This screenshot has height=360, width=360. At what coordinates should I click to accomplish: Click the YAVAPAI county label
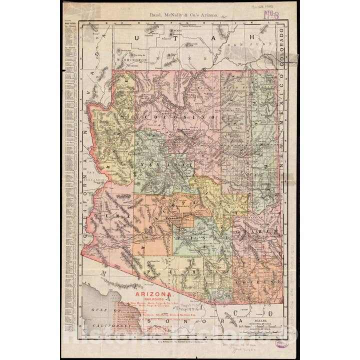tap(161, 163)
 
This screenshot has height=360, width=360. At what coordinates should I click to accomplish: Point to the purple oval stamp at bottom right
tap(281, 343)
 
